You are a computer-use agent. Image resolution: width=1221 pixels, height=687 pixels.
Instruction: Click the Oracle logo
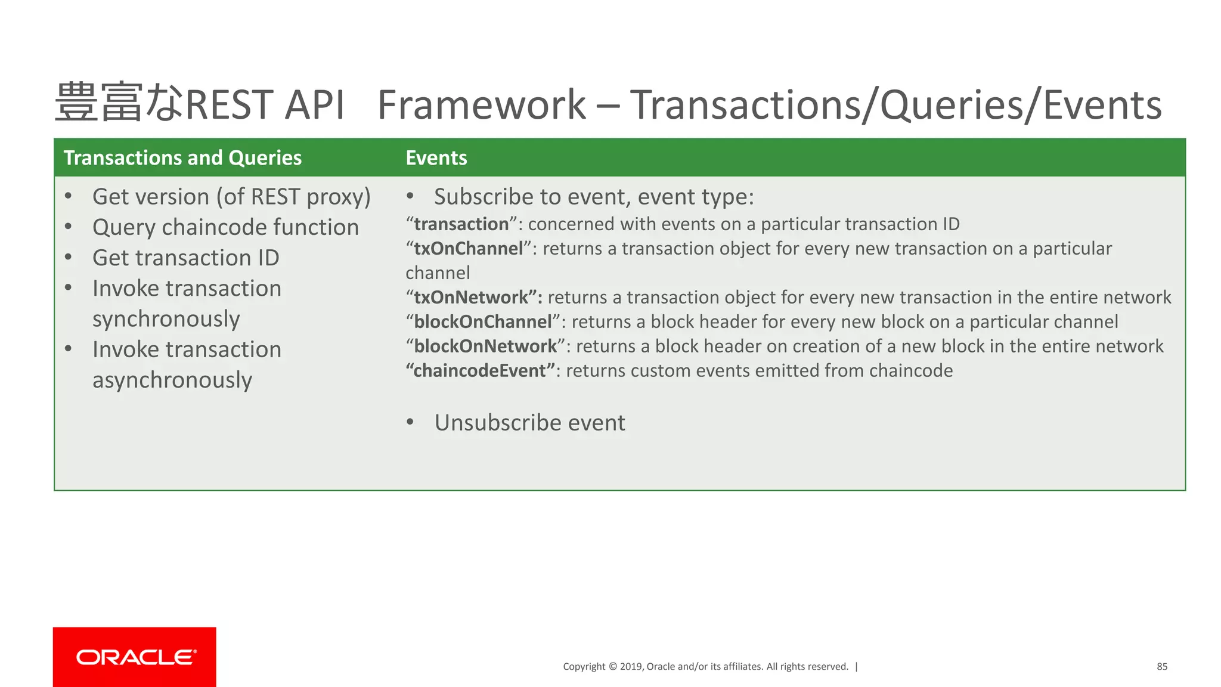tap(135, 657)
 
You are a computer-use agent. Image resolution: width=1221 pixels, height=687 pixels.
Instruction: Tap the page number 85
tap(1161, 667)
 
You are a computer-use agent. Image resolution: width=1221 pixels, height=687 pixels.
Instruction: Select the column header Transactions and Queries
tap(182, 158)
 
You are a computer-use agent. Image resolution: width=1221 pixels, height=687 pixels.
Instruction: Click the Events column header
tap(436, 158)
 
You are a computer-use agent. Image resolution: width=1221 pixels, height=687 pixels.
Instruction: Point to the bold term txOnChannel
tap(468, 249)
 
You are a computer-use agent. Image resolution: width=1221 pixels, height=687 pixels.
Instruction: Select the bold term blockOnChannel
tap(482, 322)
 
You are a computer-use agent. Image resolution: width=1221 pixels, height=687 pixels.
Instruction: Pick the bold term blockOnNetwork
tap(485, 346)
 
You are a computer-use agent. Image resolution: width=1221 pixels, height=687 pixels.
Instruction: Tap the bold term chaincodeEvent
tap(480, 371)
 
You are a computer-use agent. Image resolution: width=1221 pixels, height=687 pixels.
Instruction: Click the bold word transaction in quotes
tap(461, 224)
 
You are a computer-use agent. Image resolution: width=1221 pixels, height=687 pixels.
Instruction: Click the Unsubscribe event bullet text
tap(529, 423)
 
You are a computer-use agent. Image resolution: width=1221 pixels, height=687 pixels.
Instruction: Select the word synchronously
tap(166, 319)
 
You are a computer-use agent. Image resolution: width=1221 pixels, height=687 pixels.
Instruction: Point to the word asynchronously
tap(172, 380)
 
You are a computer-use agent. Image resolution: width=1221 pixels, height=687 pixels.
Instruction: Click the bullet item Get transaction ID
tap(185, 258)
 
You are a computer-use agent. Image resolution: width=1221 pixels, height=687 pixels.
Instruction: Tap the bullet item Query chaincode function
tap(225, 228)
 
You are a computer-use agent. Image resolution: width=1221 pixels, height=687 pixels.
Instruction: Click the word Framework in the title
tap(481, 105)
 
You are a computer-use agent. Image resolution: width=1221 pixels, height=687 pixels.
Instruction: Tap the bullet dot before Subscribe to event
tap(410, 196)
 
